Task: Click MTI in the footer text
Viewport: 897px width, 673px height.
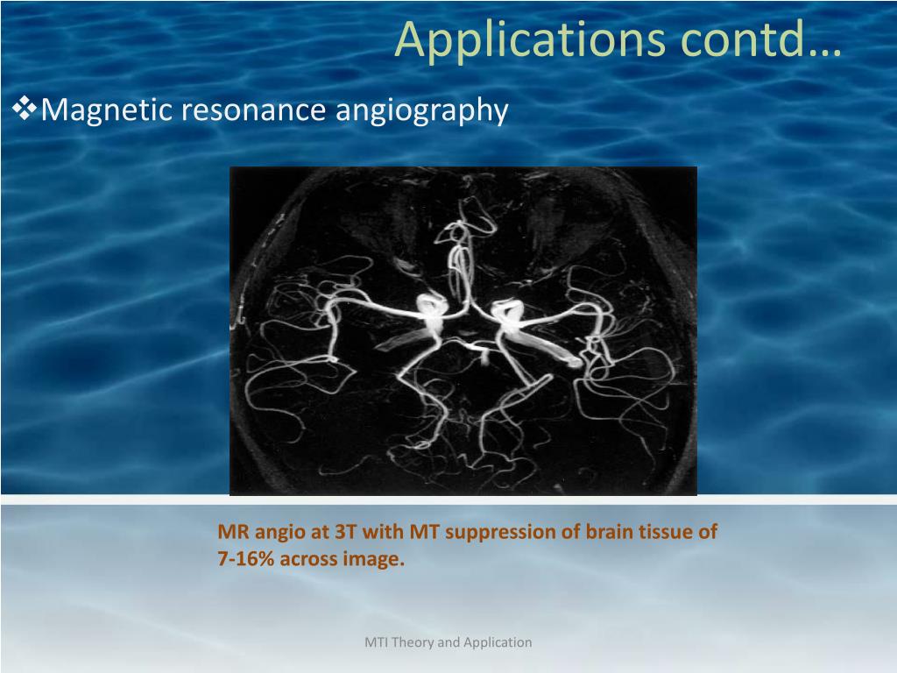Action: tap(377, 642)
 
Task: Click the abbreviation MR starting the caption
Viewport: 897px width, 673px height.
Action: tap(230, 531)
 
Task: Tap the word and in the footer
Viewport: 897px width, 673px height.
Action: tap(448, 642)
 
